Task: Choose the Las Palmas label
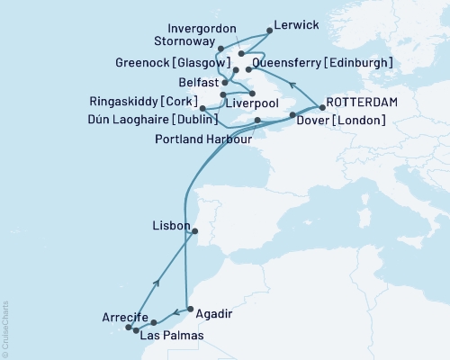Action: (x=171, y=335)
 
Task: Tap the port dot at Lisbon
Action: (x=196, y=231)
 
